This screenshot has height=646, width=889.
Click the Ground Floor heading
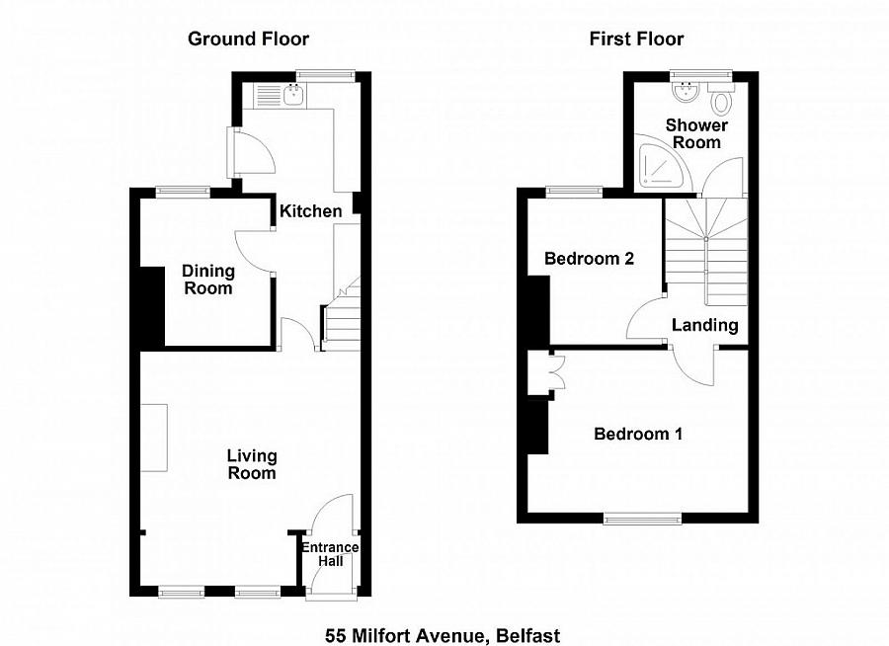coord(249,40)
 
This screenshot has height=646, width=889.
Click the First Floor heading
coord(636,40)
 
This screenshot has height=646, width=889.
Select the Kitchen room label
coord(311,210)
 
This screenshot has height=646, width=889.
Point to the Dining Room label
coord(207,280)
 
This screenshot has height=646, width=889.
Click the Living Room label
coord(252,464)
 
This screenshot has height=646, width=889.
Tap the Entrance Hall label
coord(329,555)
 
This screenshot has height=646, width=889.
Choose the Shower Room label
coord(696,133)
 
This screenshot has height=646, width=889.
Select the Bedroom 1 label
coord(637,434)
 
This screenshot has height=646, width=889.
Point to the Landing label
coord(704,325)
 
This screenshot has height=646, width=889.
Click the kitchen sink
coord(292,95)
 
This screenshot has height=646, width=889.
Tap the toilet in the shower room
coord(722,100)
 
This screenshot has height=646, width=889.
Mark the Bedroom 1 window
coord(643,517)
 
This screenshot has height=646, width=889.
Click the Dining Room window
coord(183,193)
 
